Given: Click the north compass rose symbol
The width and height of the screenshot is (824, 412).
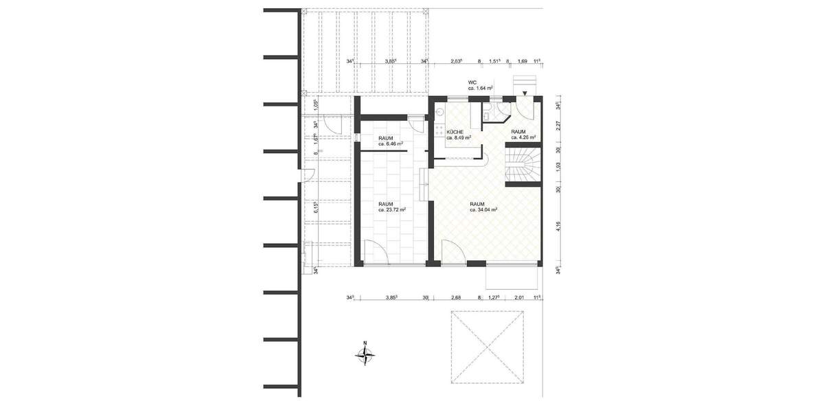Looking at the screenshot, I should (366, 354).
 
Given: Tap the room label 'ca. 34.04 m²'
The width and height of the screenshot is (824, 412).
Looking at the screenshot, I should (483, 210).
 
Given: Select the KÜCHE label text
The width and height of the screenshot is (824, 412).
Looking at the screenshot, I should (455, 131).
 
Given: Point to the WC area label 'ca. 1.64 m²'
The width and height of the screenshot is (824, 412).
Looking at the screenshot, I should (481, 88).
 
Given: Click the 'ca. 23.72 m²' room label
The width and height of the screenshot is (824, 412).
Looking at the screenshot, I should (392, 210).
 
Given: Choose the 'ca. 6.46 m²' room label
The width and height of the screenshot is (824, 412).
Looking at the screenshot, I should (390, 144).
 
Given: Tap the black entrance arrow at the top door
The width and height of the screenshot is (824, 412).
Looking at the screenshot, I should (525, 93).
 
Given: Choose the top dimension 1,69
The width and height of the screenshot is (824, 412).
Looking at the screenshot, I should (522, 61).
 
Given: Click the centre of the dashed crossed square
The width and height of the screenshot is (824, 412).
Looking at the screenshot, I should (488, 347).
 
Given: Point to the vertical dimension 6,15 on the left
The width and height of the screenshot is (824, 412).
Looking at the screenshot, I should (315, 209).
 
